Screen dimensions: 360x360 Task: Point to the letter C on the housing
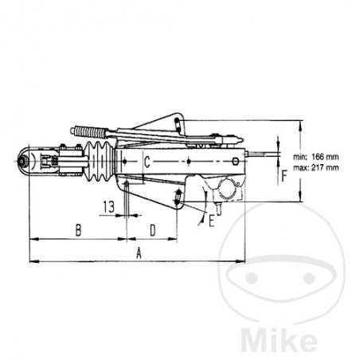148,163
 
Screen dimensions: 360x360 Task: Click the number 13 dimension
109,205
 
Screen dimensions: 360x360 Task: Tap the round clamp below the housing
226,192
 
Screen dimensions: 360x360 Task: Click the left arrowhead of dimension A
31,260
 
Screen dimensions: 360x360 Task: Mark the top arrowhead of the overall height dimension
302,123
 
